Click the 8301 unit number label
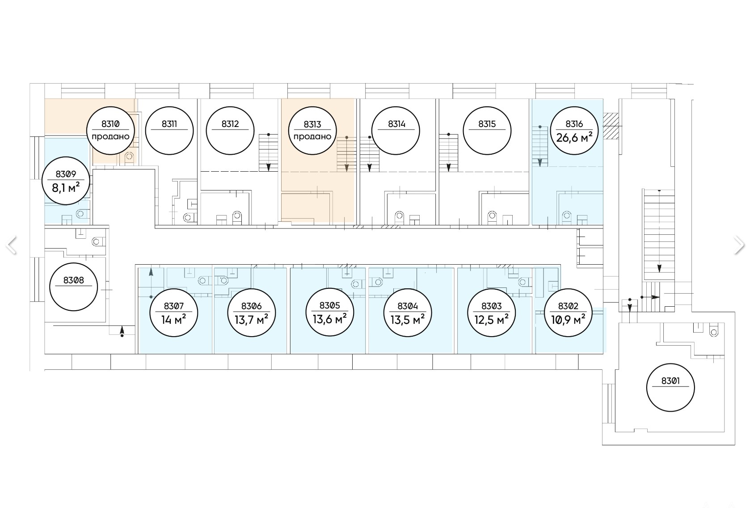tap(670, 380)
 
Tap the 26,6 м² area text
tap(574, 137)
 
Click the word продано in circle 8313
tap(312, 137)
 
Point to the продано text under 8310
tap(110, 137)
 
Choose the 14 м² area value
tap(173, 319)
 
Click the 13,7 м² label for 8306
tap(252, 319)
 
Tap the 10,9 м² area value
tap(568, 319)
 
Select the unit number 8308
tap(73, 280)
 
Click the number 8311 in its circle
tap(169, 124)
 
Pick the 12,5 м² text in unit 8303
tap(491, 319)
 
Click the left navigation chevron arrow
tap(11, 245)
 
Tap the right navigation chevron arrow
tap(739, 245)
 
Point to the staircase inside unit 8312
tap(268, 152)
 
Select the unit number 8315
tap(487, 124)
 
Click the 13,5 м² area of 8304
tap(408, 319)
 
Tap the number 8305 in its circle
tap(330, 305)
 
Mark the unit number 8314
tap(396, 124)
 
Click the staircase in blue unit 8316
tap(540, 146)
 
